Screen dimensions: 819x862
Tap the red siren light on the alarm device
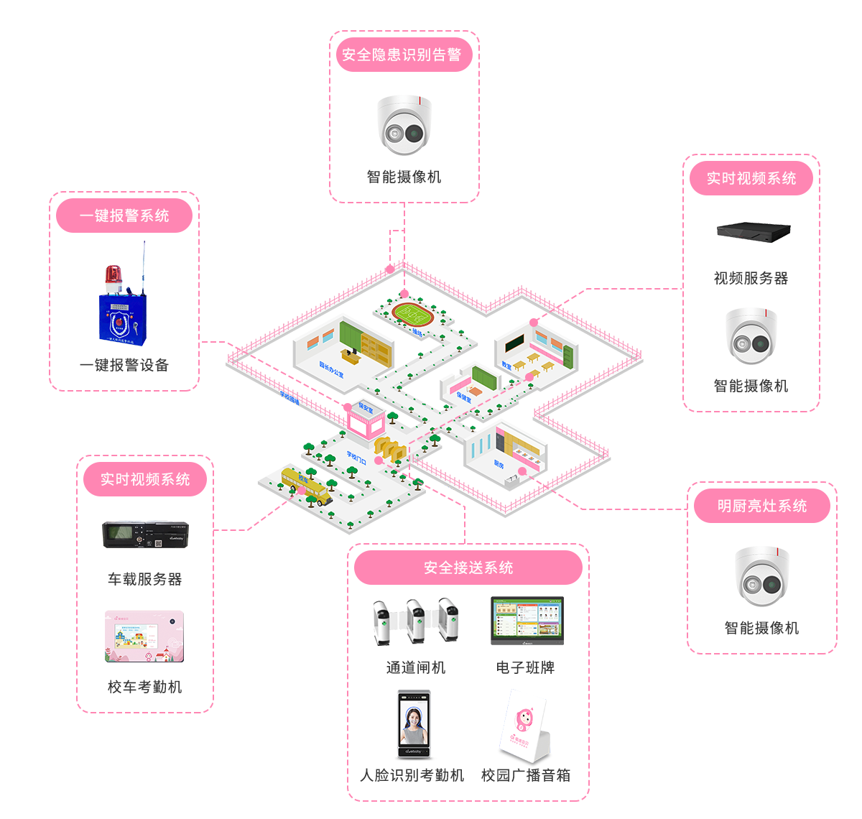click(x=113, y=276)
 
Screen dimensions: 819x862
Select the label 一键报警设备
click(x=124, y=365)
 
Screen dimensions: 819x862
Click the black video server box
click(x=754, y=231)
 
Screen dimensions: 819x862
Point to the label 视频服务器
click(x=751, y=278)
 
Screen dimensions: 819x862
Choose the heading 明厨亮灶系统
click(x=762, y=506)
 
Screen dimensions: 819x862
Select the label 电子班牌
click(x=525, y=667)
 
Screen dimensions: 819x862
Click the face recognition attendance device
click(x=414, y=723)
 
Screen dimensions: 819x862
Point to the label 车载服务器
click(x=144, y=579)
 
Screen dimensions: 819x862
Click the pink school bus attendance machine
click(x=144, y=637)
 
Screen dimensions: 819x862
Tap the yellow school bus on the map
click(x=306, y=486)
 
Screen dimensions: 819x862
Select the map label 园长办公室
click(x=331, y=369)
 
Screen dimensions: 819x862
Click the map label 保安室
click(x=366, y=407)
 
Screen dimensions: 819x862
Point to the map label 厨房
click(x=499, y=464)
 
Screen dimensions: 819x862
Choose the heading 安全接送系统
click(x=468, y=568)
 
